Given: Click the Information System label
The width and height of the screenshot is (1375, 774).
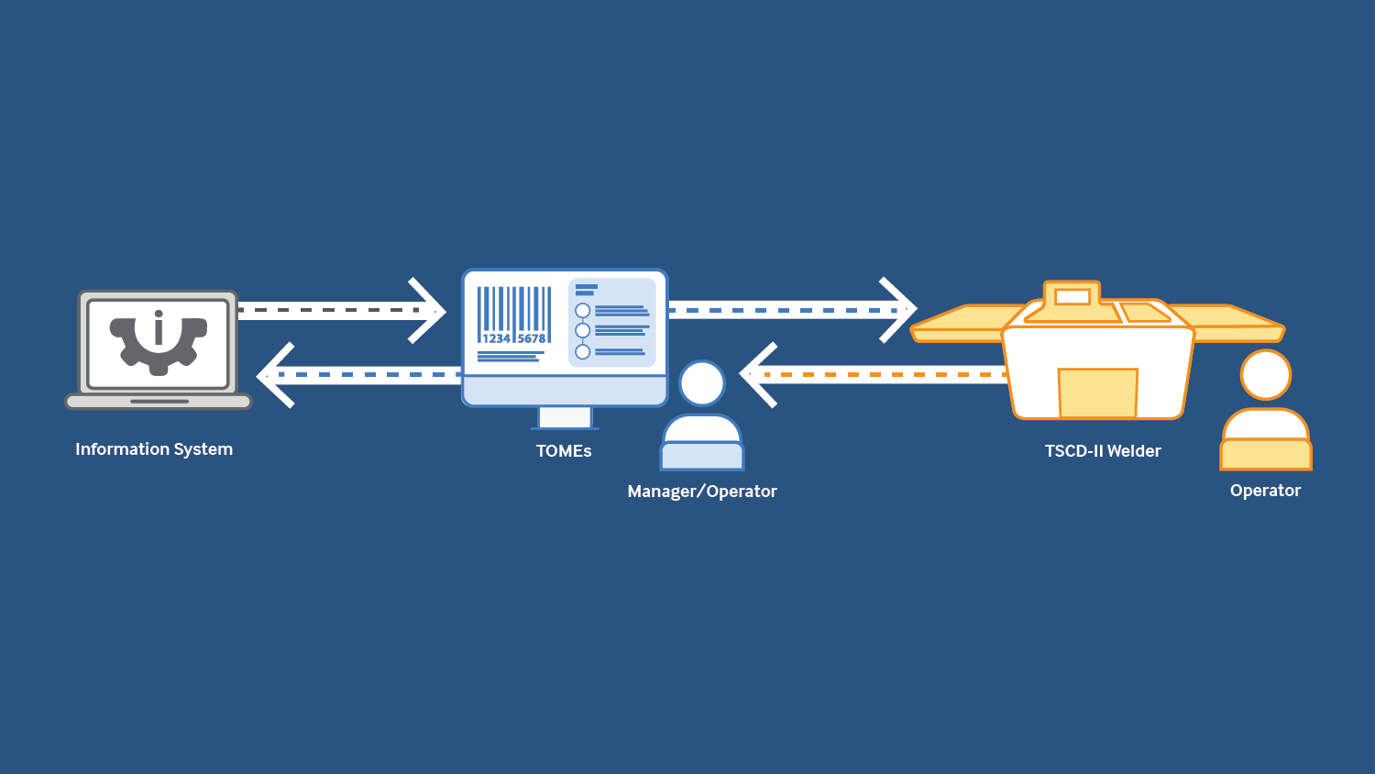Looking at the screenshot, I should [154, 449].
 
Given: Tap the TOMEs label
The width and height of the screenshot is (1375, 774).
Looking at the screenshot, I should [564, 451].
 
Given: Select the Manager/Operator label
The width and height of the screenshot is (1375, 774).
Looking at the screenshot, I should [702, 492].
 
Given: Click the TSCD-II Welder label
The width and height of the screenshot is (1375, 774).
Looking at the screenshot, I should [1103, 451].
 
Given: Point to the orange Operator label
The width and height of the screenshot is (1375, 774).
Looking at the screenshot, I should [1265, 491].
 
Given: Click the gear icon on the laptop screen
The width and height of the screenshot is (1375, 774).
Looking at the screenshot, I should [159, 341].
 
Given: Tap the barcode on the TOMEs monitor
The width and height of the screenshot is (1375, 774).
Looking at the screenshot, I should [513, 315].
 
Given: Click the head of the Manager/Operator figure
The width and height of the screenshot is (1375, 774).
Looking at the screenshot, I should [702, 383].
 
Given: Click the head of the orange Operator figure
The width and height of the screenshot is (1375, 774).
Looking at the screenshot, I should [1266, 374].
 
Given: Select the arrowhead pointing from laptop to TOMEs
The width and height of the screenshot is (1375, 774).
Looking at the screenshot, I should [429, 311].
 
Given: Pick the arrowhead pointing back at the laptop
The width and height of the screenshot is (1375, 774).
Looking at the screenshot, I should [273, 375].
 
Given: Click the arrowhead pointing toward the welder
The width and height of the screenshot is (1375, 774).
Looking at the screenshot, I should [900, 310].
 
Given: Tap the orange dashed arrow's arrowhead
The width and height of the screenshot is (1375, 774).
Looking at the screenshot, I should [756, 375].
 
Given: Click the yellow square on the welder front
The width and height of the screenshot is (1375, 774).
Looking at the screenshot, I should [1097, 393].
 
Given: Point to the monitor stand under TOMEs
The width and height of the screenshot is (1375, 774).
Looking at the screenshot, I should [565, 418].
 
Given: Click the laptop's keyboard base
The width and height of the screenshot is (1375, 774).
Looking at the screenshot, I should [159, 402].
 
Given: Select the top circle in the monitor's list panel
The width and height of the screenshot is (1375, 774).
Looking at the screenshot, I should [582, 310].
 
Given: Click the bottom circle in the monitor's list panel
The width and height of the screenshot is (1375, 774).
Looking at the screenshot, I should [582, 351].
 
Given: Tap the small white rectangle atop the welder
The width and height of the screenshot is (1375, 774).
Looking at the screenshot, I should [1072, 296].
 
